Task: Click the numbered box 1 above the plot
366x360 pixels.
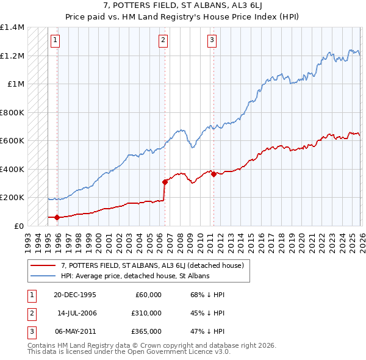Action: [55, 41]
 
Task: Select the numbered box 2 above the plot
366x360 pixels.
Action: [163, 41]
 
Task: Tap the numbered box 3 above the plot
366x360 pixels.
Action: [212, 41]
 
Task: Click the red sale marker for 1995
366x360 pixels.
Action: [57, 217]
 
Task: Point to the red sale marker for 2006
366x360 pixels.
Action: [165, 182]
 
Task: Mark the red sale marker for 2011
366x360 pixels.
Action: [213, 174]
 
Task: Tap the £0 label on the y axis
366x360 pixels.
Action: [18, 226]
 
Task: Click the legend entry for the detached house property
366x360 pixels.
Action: [152, 265]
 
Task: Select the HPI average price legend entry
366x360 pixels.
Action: [135, 276]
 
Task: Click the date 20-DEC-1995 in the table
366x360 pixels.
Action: [76, 295]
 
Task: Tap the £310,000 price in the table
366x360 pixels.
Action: [146, 313]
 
